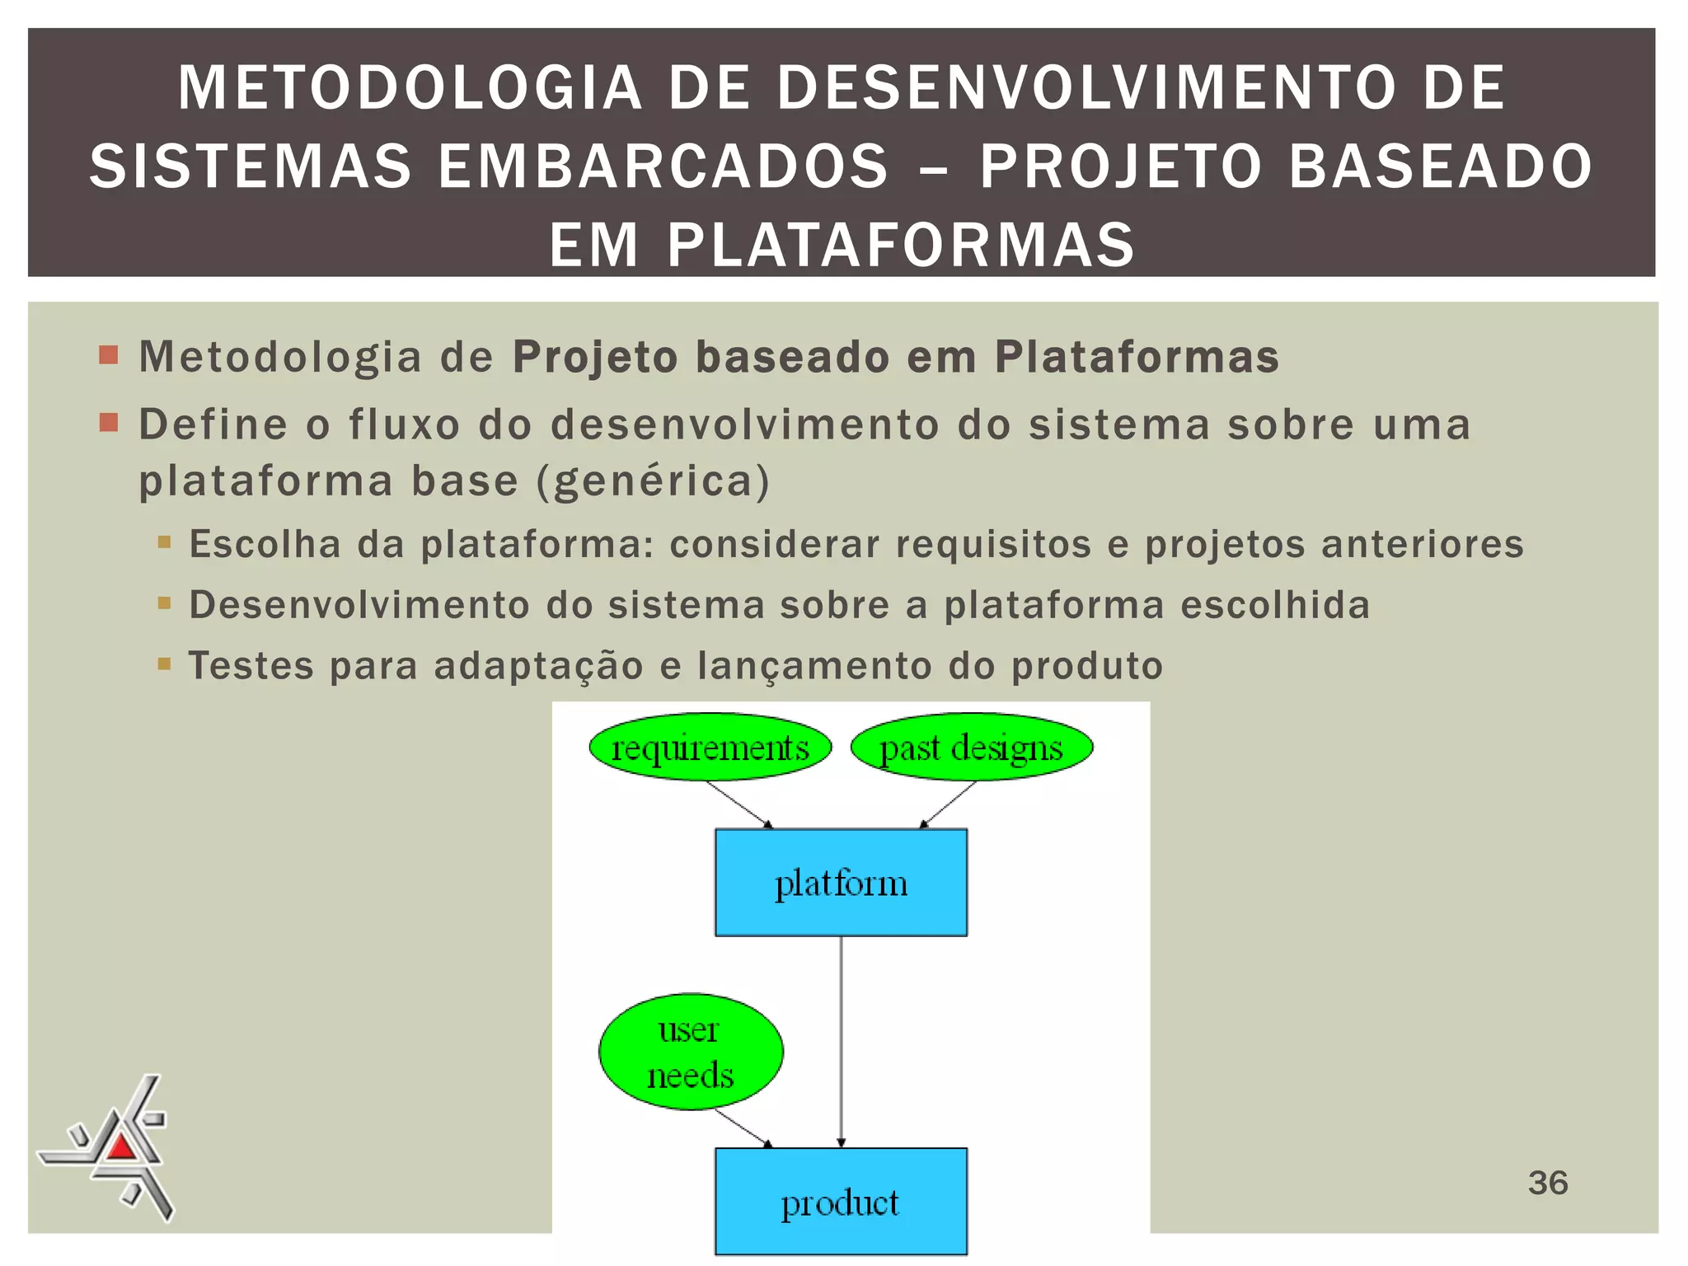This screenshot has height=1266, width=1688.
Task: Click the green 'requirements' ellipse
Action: pyautogui.click(x=710, y=748)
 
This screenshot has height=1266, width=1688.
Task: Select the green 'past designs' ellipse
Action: pyautogui.click(x=971, y=748)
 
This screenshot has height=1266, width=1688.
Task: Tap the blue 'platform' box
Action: pyautogui.click(x=841, y=883)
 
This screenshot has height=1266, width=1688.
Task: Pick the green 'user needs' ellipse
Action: pyautogui.click(x=691, y=1052)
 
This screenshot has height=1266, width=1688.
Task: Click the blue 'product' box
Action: pyautogui.click(x=841, y=1202)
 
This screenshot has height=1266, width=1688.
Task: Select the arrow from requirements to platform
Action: pyautogui.click(x=739, y=804)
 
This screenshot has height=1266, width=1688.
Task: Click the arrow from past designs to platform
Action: pyautogui.click(x=949, y=804)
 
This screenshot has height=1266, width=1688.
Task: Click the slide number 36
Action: pyautogui.click(x=1547, y=1183)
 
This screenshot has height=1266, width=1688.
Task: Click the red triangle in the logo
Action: pyautogui.click(x=121, y=1146)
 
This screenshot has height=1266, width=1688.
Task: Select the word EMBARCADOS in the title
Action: pyautogui.click(x=663, y=166)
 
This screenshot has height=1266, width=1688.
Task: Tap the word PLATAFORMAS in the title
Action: pyautogui.click(x=901, y=245)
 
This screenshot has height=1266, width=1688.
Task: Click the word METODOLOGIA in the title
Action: pyautogui.click(x=410, y=87)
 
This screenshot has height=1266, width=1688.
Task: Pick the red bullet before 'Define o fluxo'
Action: pyautogui.click(x=109, y=424)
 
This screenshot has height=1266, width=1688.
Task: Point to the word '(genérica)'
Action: pyautogui.click(x=654, y=481)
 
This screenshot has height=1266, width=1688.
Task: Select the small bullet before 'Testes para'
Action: pyautogui.click(x=164, y=663)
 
